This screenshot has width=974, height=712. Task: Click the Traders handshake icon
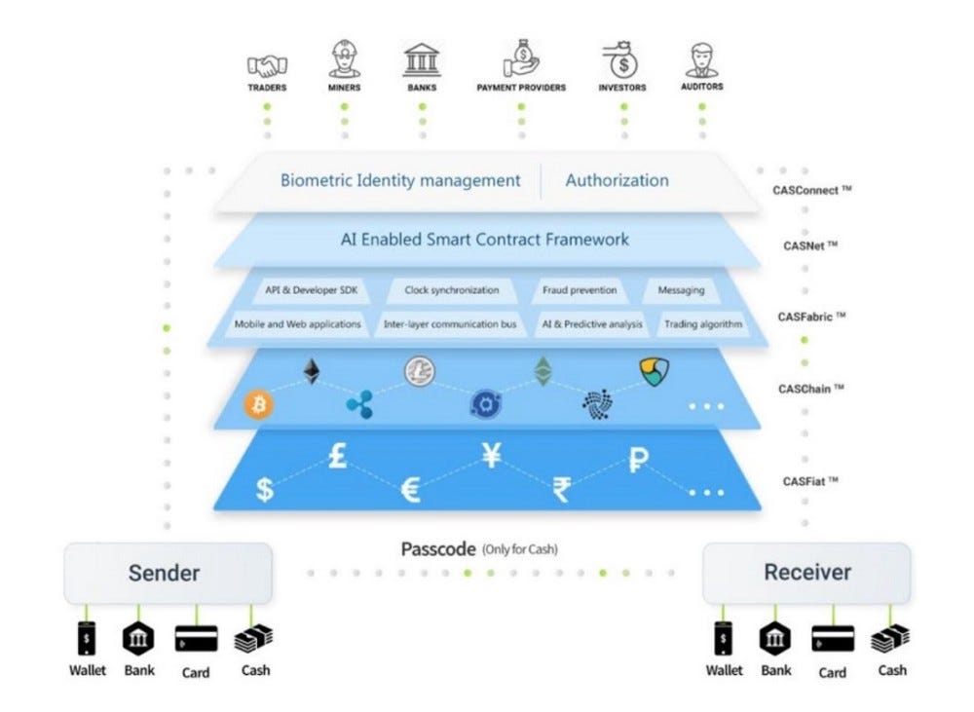pos(266,64)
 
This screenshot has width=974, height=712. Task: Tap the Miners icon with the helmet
pos(344,61)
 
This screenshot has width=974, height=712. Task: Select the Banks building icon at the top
pos(422,61)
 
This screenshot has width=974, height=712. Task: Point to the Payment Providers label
pos(521,88)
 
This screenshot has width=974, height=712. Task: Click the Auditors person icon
pos(702,61)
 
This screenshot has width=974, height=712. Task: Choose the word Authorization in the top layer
pos(617,180)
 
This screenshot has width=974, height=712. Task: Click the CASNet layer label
pos(810,244)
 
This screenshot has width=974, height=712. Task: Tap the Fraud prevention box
pos(580,290)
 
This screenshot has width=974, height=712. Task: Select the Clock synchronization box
pos(451,290)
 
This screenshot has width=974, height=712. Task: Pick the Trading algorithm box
pos(702,323)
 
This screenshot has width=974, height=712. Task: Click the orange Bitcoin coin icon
pos(260,404)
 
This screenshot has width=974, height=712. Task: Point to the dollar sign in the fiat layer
pos(264,491)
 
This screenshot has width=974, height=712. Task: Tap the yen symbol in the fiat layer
pos(492,455)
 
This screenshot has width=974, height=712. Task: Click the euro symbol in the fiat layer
pos(411,491)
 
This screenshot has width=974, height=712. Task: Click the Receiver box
pos(806,573)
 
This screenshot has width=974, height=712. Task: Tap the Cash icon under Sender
pos(253,639)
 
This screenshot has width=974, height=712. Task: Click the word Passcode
pos(437,549)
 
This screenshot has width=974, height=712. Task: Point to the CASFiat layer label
pos(810,481)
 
